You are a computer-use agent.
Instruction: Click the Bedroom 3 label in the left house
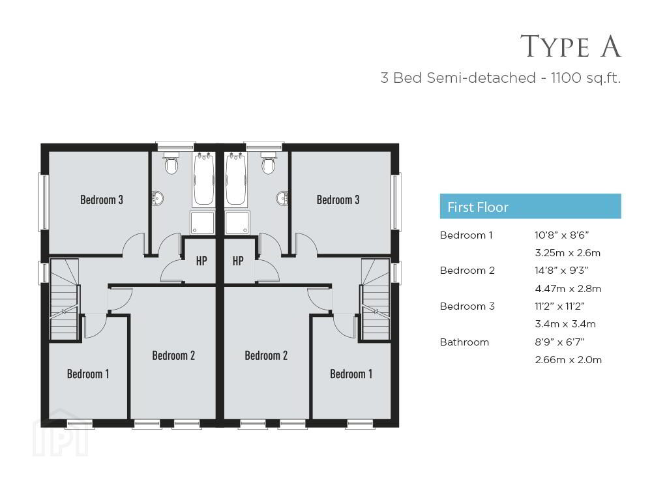[102, 200]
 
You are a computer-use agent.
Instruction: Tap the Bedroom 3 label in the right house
[338, 200]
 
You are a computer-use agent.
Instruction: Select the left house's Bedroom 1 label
[88, 374]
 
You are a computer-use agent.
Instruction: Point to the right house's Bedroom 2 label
[266, 355]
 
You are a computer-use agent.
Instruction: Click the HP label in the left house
[201, 261]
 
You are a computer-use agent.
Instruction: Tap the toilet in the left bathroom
[171, 163]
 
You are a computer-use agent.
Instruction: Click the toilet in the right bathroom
[269, 163]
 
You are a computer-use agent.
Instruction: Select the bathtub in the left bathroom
[203, 180]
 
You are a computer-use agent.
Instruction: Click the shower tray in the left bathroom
[203, 223]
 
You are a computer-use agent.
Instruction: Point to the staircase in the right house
[376, 300]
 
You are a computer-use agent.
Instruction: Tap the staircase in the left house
[65, 300]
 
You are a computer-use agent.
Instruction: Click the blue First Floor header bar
[530, 206]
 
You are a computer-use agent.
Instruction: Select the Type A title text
[570, 46]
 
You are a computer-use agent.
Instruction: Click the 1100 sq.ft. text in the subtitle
[585, 78]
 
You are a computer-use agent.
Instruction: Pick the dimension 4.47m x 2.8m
[568, 289]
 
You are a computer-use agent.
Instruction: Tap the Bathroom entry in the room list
[464, 342]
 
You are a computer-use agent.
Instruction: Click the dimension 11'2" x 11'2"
[559, 306]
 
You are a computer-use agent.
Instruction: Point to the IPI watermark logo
[61, 432]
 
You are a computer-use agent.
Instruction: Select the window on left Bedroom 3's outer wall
[44, 202]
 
